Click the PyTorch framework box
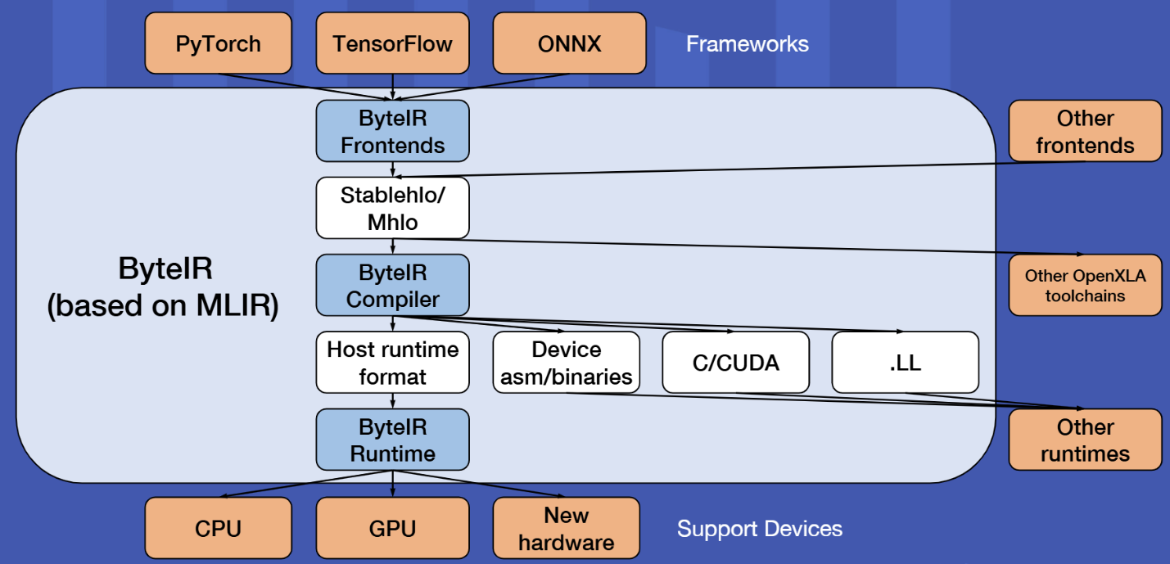click(x=218, y=43)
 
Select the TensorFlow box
click(x=393, y=43)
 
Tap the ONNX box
click(x=569, y=43)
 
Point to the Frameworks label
click(x=747, y=43)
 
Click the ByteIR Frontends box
click(x=393, y=131)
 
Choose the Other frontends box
click(x=1085, y=131)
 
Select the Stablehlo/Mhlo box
click(x=393, y=208)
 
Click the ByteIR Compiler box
click(x=393, y=285)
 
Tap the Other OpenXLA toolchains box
click(x=1085, y=285)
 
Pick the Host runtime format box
click(x=393, y=363)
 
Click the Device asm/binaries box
click(x=566, y=363)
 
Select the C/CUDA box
click(x=735, y=363)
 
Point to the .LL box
click(x=905, y=363)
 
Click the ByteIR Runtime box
click(x=393, y=440)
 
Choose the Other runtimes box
click(x=1085, y=440)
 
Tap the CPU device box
click(x=218, y=528)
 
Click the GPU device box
click(x=393, y=528)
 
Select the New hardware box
click(x=566, y=528)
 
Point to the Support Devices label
click(x=759, y=529)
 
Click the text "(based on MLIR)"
click(x=163, y=306)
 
